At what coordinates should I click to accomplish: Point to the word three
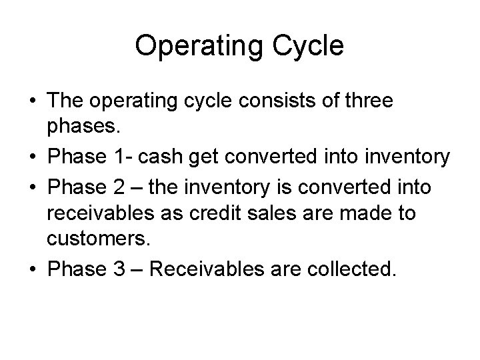[369, 101]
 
